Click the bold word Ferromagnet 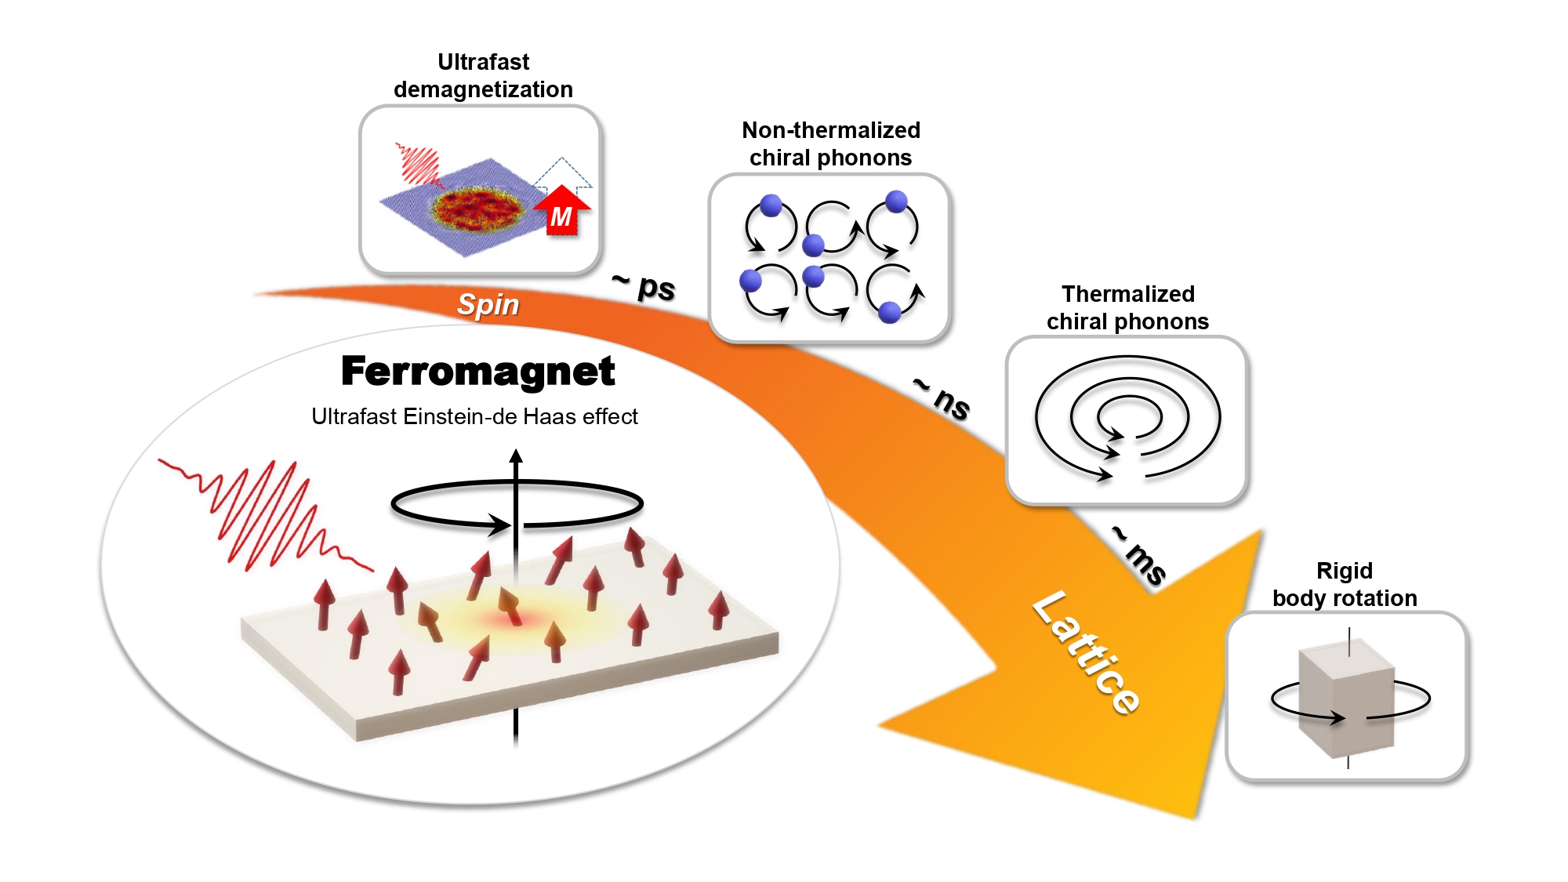[477, 372]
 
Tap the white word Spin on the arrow [488, 304]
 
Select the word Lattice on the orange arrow [1086, 652]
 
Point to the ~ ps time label [644, 286]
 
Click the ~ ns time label [943, 398]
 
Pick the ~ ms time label [1140, 556]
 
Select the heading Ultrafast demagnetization [483, 75]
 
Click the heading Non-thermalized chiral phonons [830, 143]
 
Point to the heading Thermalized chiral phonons [1127, 307]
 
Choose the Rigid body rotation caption [1345, 584]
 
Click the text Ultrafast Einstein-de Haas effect [474, 416]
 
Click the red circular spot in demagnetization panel [478, 208]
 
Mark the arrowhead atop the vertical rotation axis [516, 456]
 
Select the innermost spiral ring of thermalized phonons [1129, 416]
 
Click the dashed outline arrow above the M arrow [562, 172]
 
